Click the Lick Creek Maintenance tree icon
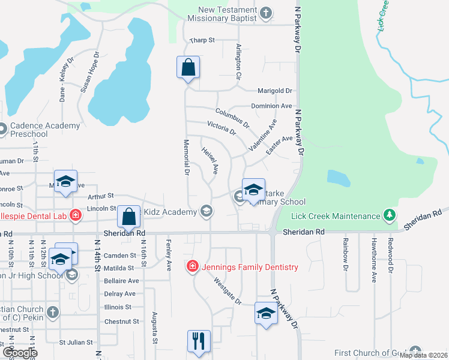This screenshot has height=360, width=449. [390, 215]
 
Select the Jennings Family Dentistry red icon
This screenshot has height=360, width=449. [193, 266]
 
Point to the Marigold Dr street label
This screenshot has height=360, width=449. [274, 91]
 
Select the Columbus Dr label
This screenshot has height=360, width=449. [232, 116]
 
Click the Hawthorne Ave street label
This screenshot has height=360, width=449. [373, 260]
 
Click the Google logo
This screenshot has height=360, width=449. [19, 352]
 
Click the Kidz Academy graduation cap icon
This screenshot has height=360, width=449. [206, 211]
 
